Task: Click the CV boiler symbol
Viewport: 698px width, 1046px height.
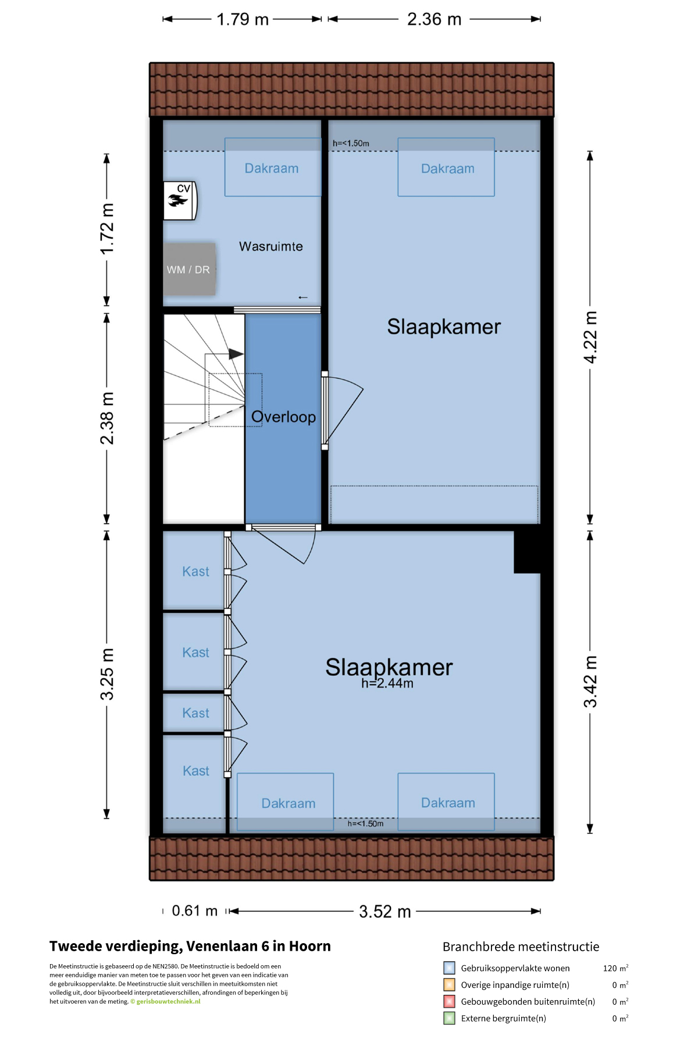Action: coord(180,200)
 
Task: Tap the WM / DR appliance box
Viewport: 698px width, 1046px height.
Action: coord(190,269)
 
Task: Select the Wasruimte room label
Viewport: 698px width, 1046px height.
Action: coord(271,246)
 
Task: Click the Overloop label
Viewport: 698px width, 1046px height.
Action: coord(283,417)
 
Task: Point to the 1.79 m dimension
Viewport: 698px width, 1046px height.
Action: coord(243,19)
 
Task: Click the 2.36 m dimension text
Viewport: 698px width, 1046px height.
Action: coord(434,19)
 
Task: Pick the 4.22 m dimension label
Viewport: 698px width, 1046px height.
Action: coord(590,338)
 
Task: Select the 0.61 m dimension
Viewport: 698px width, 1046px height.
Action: coord(195,911)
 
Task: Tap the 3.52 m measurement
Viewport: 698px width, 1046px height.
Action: coord(385,911)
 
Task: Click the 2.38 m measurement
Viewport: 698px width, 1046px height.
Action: coord(107,418)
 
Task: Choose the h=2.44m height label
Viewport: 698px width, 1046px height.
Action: coord(387,683)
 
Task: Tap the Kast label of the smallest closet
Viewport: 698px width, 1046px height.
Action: coord(195,713)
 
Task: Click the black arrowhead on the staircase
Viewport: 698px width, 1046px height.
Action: coord(236,354)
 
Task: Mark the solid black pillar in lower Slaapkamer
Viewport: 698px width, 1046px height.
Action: coord(527,552)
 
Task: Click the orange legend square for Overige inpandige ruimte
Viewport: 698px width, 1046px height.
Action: coord(449,984)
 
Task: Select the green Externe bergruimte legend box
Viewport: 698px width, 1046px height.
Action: coord(449,1018)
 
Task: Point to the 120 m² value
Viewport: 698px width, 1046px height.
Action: coord(615,968)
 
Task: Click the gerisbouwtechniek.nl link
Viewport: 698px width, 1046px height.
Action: coord(168,1001)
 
